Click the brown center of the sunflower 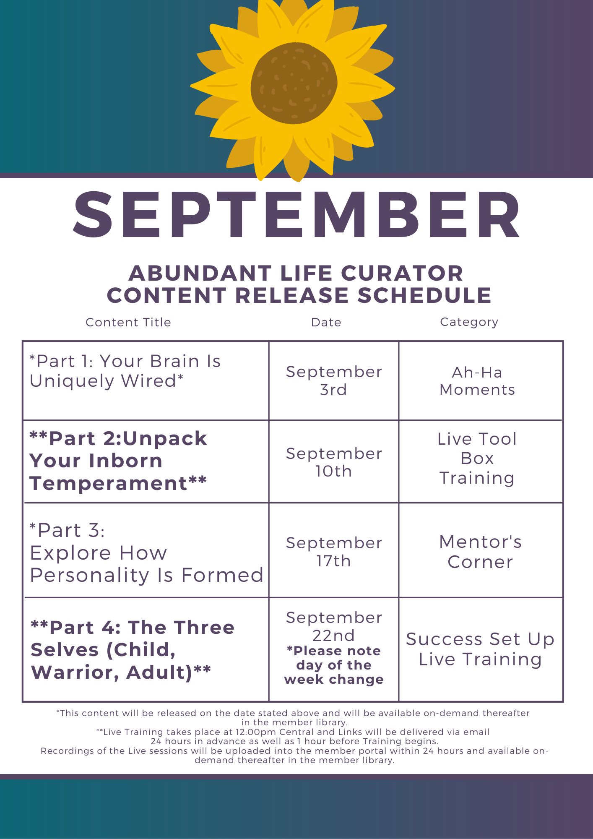(294, 83)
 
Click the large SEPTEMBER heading (296, 214)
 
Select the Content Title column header (128, 322)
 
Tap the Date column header (326, 322)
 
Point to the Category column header (469, 322)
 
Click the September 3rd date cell (334, 380)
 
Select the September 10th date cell (334, 462)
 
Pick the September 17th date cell (334, 552)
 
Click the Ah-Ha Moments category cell (477, 381)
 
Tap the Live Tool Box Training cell (477, 459)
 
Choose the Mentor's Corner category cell (481, 552)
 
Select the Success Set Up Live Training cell (481, 649)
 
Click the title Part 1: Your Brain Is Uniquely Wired (125, 371)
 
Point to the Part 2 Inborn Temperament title (118, 461)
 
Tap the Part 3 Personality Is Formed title (147, 552)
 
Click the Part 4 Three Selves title (133, 650)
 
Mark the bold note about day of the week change (334, 665)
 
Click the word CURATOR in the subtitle (402, 273)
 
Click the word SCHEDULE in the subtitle (424, 295)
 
